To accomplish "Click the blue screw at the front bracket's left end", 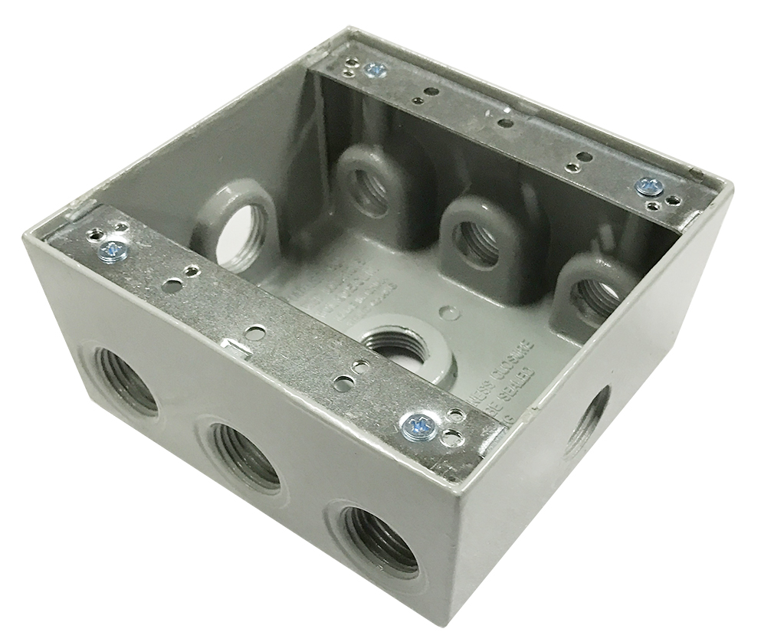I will [x=113, y=248].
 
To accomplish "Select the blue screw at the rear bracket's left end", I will [x=376, y=70].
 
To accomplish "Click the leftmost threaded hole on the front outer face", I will [x=127, y=381].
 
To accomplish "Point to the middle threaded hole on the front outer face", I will [x=244, y=454].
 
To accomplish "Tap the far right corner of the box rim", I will [x=730, y=188].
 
